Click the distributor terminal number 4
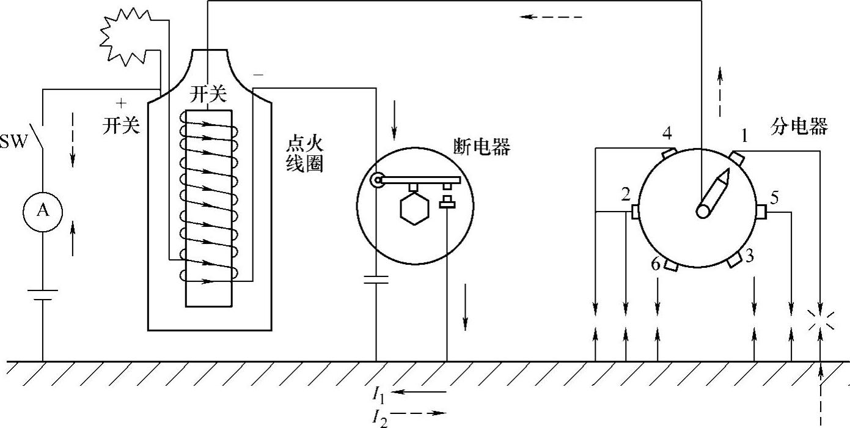tap(667, 132)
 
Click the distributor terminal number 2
tap(625, 195)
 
